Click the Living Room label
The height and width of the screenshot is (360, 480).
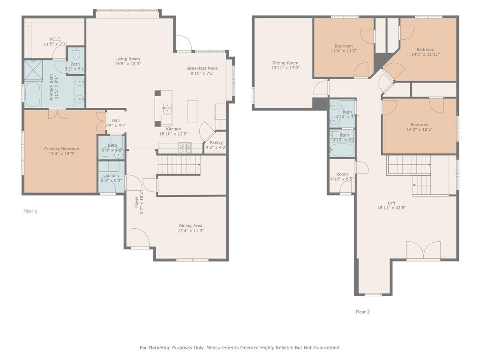click(128, 59)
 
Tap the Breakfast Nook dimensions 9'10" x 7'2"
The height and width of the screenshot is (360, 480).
click(202, 74)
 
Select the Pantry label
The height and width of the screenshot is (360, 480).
click(216, 142)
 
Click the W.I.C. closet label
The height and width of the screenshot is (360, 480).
click(55, 39)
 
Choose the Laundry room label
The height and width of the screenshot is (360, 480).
click(111, 175)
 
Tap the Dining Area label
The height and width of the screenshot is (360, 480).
click(190, 225)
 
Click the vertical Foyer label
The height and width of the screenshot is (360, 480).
click(137, 202)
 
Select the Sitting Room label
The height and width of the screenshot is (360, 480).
click(285, 63)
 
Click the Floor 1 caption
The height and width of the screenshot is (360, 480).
click(30, 211)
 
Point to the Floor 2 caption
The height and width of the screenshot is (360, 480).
click(362, 312)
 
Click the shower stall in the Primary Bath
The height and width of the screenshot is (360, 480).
click(34, 69)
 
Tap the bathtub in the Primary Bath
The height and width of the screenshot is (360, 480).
click(34, 95)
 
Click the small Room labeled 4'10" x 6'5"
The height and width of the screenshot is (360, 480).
click(342, 176)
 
